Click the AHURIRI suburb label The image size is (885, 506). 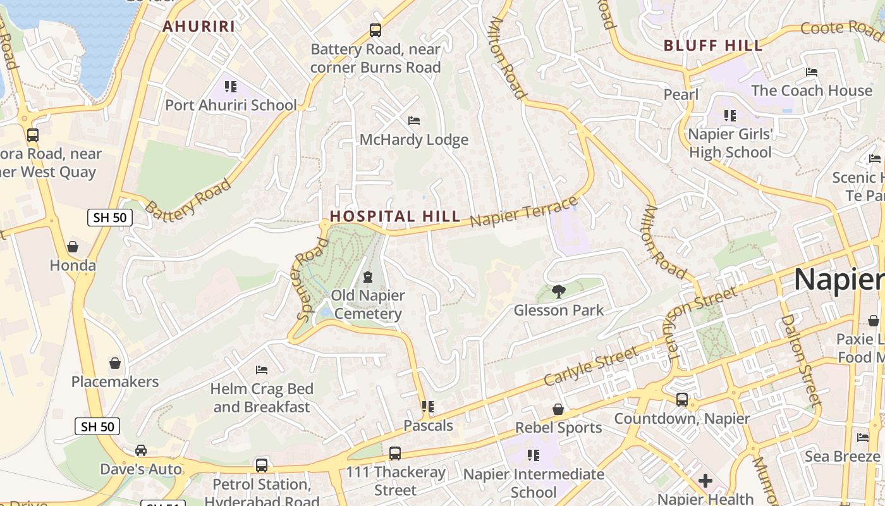pos(198,27)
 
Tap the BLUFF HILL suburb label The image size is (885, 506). pos(713,46)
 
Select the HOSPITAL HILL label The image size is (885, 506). pos(394,216)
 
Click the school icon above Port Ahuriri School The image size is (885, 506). pos(231,86)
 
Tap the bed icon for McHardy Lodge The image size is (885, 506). pos(414,120)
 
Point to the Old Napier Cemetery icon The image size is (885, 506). pos(368,277)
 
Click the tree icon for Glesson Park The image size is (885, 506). pos(558,292)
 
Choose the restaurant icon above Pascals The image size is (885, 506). pos(428,407)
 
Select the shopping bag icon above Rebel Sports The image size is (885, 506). pos(558,409)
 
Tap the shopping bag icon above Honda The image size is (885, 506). pos(73,247)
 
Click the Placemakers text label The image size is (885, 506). pos(115,381)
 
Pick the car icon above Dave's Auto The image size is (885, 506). pos(141,450)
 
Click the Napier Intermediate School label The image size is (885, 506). pos(534,483)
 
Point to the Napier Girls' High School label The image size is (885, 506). pos(730,143)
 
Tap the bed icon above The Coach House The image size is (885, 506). pos(812,72)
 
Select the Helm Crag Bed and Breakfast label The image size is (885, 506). pos(262,397)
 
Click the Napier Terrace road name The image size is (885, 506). pos(524,212)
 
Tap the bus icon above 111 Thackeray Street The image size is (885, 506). pos(395,454)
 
